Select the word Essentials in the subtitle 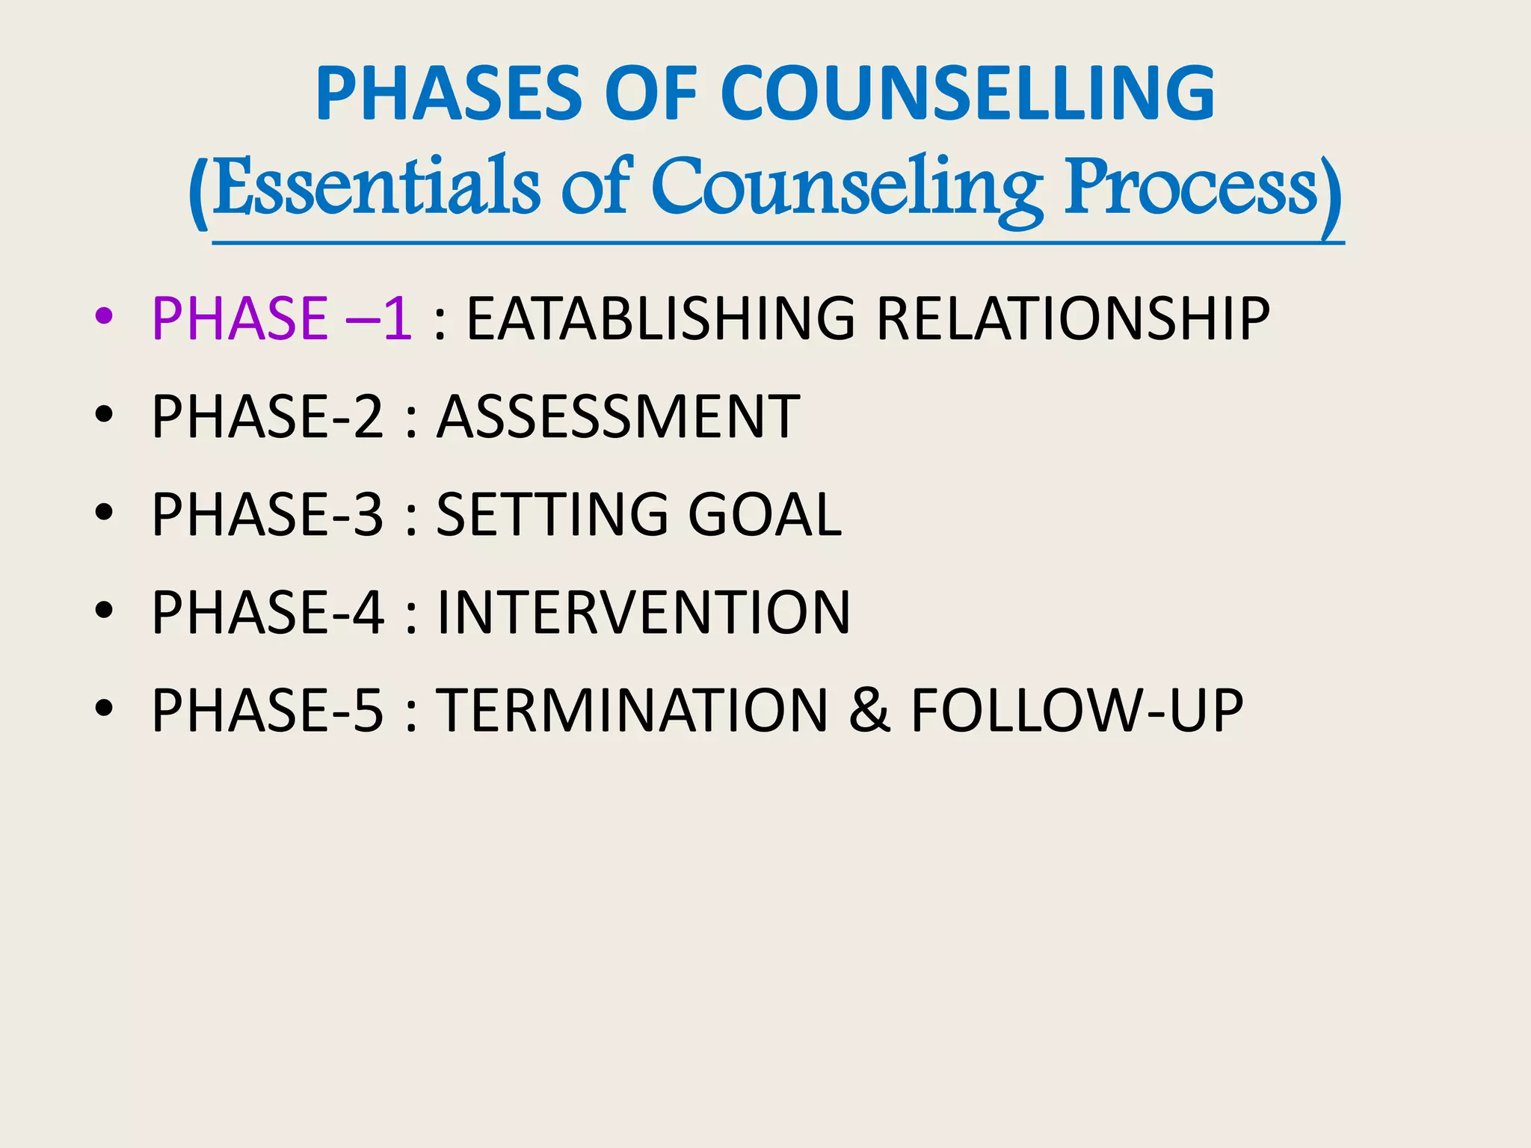tap(376, 187)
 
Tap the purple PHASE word tap(239, 319)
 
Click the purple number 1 tap(396, 319)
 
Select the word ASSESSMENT tap(618, 416)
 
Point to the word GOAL tap(765, 514)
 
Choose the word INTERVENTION tap(644, 612)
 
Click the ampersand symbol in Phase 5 tap(869, 710)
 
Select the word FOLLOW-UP tap(1077, 710)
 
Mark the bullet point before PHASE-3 tap(104, 513)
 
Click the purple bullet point tap(104, 317)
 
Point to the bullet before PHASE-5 tap(104, 709)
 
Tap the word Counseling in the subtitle tap(847, 187)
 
